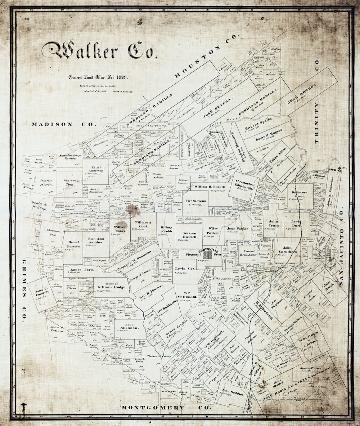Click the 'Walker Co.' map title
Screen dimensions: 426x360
coord(99,51)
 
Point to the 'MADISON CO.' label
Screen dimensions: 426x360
coord(64,124)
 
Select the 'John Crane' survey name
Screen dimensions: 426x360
coord(274,223)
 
